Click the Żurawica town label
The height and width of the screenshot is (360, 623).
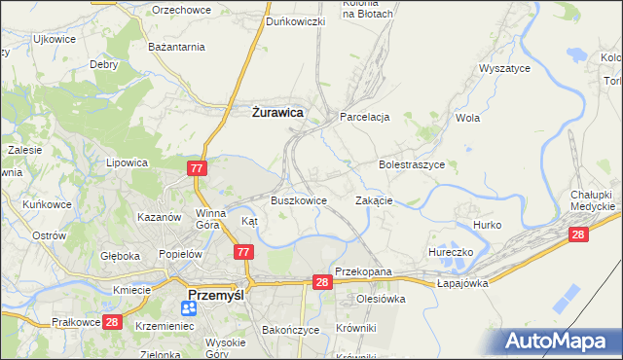point(276,113)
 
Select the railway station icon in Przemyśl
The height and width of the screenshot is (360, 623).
point(189,307)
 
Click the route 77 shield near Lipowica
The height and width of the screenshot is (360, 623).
point(197,168)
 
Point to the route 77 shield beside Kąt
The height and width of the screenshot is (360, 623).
point(243,252)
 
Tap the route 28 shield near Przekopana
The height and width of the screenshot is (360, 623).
point(322,281)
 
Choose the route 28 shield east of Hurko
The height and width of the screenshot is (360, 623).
point(578,234)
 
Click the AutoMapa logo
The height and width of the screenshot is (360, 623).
point(560,342)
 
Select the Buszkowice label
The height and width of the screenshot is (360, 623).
point(298,200)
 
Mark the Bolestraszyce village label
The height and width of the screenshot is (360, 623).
point(411,165)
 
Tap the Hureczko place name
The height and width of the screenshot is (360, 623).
point(451,251)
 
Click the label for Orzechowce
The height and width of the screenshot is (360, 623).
point(182,9)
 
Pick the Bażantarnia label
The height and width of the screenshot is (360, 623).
point(176,46)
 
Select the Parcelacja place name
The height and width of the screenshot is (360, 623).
point(364,117)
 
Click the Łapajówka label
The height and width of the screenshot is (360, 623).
point(461,282)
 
